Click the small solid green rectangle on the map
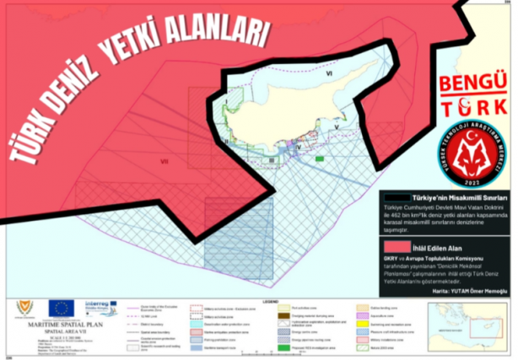tap(320, 158)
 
